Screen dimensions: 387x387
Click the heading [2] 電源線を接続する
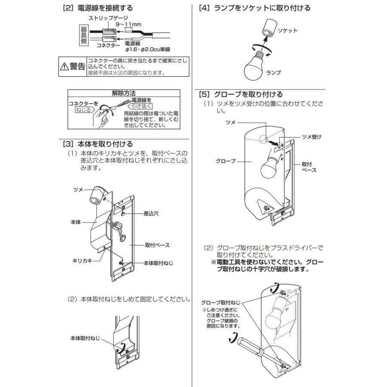point(97,8)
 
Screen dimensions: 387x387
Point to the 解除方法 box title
point(123,92)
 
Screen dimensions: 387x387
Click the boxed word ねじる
point(83,110)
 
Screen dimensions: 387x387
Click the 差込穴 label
point(150,213)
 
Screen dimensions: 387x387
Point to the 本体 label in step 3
point(75,222)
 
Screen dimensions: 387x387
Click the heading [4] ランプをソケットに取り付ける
point(254,8)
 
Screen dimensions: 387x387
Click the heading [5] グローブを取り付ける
point(240,94)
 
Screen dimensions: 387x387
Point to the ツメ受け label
point(311,137)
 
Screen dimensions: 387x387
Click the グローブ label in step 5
point(226,161)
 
